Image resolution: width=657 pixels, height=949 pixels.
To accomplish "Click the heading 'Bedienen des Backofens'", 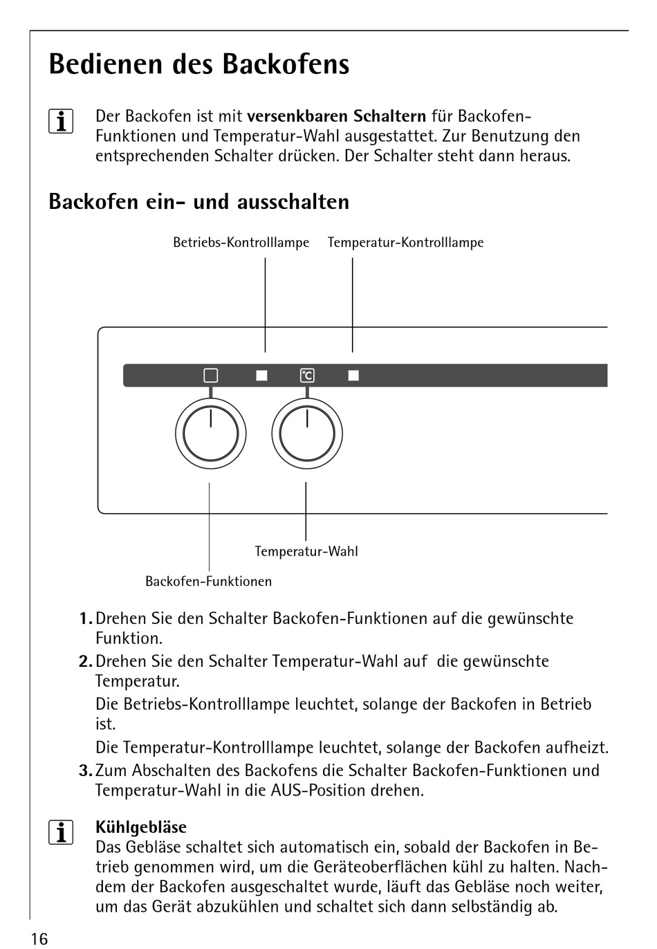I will (x=199, y=64).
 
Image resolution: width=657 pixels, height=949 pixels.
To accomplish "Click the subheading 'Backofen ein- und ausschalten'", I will (x=199, y=202).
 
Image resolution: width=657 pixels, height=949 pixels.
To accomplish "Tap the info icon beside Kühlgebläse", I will (x=61, y=832).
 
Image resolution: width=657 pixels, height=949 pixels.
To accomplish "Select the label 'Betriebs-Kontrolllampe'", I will (x=241, y=243).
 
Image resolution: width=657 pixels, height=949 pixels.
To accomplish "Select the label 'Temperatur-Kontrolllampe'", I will (x=405, y=243).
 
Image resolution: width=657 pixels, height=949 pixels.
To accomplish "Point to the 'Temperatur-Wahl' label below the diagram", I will (x=306, y=551).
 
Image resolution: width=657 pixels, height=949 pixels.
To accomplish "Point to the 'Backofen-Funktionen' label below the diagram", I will (x=208, y=582).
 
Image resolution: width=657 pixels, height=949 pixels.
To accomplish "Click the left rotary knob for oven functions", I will (x=210, y=434).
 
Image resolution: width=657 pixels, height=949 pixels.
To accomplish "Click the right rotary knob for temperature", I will (x=306, y=434).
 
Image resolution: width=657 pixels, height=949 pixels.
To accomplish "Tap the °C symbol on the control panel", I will (x=307, y=376).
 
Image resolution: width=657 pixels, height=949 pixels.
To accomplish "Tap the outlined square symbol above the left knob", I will (x=211, y=376).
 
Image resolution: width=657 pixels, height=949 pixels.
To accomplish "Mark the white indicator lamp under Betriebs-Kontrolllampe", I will (x=261, y=376).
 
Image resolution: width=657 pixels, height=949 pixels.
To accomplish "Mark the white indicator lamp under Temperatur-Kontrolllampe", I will (x=353, y=376).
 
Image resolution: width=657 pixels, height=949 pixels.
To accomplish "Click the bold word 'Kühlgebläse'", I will (x=141, y=827).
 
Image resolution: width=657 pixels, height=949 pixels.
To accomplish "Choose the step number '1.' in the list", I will (x=86, y=618).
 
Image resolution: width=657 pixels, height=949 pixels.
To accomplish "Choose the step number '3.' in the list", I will (x=86, y=771).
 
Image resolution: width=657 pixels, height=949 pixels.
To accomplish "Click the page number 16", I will (x=39, y=938).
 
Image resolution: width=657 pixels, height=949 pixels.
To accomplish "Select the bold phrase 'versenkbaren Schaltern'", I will (x=336, y=116).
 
